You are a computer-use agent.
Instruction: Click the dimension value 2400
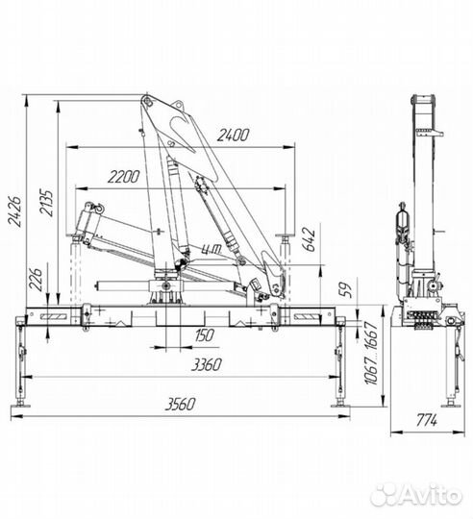click(233, 136)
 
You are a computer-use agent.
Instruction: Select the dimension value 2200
click(123, 177)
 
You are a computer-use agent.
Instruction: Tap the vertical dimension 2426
click(14, 211)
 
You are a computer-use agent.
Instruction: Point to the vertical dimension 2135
click(46, 203)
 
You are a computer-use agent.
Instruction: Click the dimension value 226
click(36, 280)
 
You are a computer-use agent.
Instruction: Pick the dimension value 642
click(308, 239)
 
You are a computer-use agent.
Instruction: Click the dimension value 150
click(204, 335)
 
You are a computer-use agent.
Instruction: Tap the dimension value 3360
click(207, 365)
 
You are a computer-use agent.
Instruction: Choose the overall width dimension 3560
click(181, 404)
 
